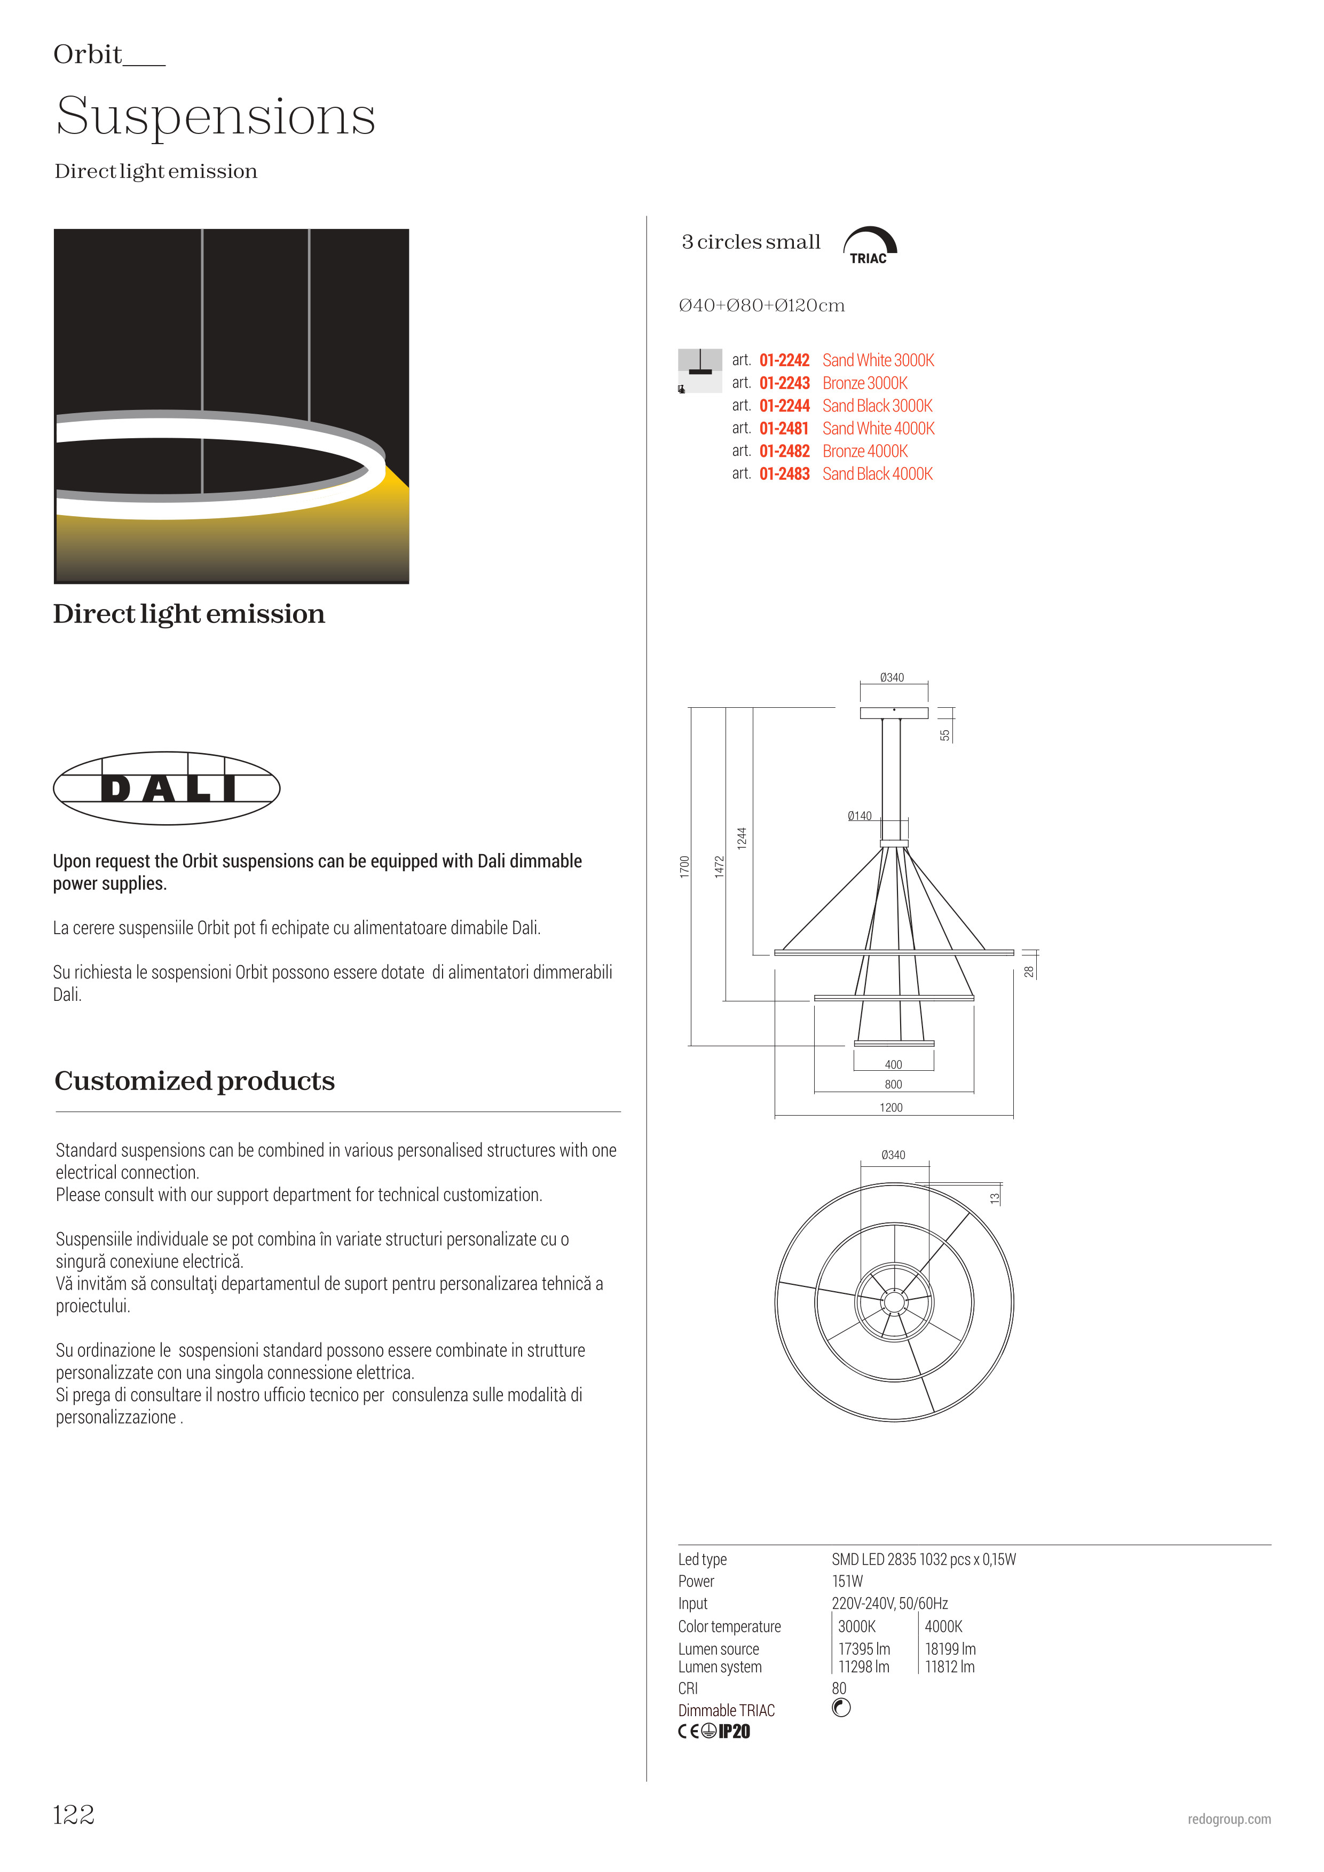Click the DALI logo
coord(167,788)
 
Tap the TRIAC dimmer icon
coord(869,246)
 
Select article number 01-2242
coord(784,360)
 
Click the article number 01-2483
coord(784,473)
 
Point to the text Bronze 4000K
coord(864,451)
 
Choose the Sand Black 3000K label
coord(877,406)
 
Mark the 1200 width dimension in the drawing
coord(891,1107)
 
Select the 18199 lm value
coord(950,1648)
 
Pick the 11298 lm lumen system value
coord(863,1666)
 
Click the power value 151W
coord(847,1581)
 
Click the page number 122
coord(73,1815)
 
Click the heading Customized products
coord(195,1081)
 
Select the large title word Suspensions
coord(216,116)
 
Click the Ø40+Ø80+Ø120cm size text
coord(761,306)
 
